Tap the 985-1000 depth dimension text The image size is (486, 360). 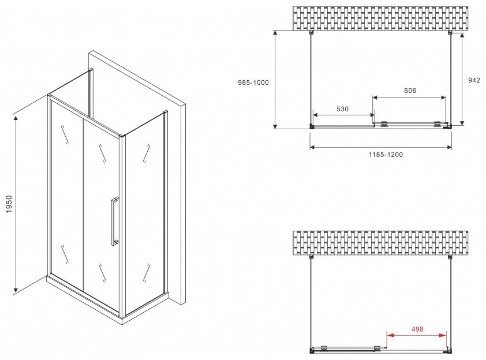[x=253, y=82]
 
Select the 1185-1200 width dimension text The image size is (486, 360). [x=386, y=154]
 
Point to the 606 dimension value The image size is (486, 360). [x=410, y=91]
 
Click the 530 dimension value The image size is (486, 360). [x=342, y=108]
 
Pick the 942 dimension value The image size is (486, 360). [x=474, y=80]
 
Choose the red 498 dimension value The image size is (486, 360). [x=417, y=329]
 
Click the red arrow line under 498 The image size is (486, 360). [x=417, y=335]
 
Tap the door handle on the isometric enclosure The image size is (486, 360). [x=114, y=221]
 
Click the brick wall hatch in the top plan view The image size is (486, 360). [x=380, y=18]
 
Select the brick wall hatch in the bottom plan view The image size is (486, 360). [x=380, y=243]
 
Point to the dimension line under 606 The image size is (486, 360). [x=409, y=97]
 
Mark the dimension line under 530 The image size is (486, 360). [x=343, y=115]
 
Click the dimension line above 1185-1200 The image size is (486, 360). [x=380, y=147]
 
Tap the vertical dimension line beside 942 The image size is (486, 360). [x=462, y=78]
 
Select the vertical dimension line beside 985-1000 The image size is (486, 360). [x=275, y=79]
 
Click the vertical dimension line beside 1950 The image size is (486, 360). [x=15, y=204]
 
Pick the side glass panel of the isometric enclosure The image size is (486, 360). [x=144, y=212]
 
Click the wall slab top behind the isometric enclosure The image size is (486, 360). [x=137, y=77]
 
